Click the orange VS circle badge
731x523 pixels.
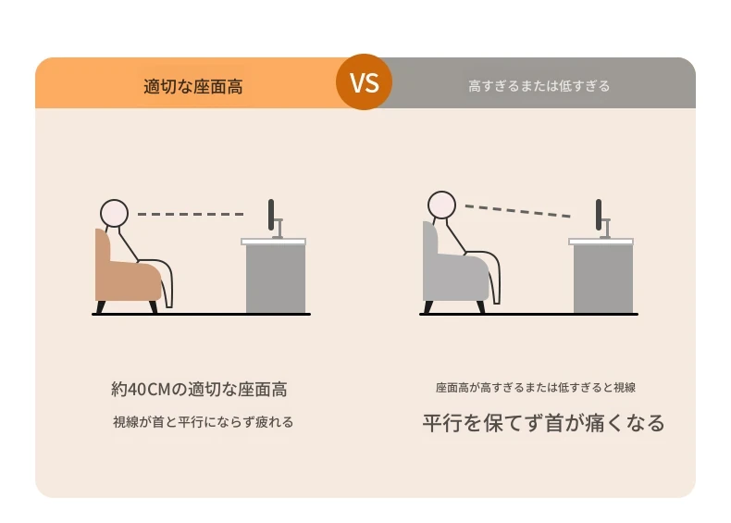[x=364, y=82]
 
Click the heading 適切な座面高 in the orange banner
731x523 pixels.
[x=193, y=87]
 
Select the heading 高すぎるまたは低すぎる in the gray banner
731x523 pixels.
[x=539, y=86]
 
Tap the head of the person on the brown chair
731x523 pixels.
[x=114, y=213]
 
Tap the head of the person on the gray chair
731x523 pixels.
[x=441, y=205]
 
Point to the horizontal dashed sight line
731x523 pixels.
[x=191, y=214]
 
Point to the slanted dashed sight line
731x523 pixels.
[x=517, y=211]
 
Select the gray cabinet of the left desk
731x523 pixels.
[x=276, y=279]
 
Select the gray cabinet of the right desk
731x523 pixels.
[x=603, y=279]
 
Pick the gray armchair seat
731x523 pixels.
[x=455, y=278]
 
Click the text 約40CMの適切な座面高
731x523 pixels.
[x=199, y=389]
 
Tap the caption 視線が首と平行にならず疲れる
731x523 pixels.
[x=204, y=422]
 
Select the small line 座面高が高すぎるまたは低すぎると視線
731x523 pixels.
[x=536, y=388]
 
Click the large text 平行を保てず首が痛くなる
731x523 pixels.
[x=543, y=423]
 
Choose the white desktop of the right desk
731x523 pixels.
[x=601, y=242]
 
